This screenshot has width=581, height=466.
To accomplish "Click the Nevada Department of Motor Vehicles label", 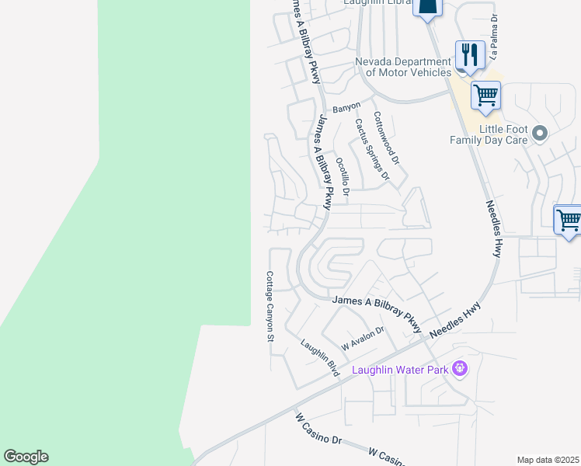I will (402, 67).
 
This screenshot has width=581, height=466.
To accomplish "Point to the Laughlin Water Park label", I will (400, 370).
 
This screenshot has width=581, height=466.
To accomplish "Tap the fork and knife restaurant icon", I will (470, 54).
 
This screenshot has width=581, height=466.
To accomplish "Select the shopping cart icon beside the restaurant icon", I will (485, 96).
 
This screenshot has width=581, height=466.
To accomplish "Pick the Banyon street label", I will (346, 107).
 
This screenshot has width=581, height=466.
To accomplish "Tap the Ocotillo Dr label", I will (343, 175).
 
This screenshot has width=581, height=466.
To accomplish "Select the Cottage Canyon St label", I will (270, 307).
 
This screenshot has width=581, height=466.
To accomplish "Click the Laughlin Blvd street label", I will (320, 359).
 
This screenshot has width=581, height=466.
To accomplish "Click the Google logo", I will (26, 457).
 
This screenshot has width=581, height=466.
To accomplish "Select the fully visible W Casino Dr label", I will (318, 429).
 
